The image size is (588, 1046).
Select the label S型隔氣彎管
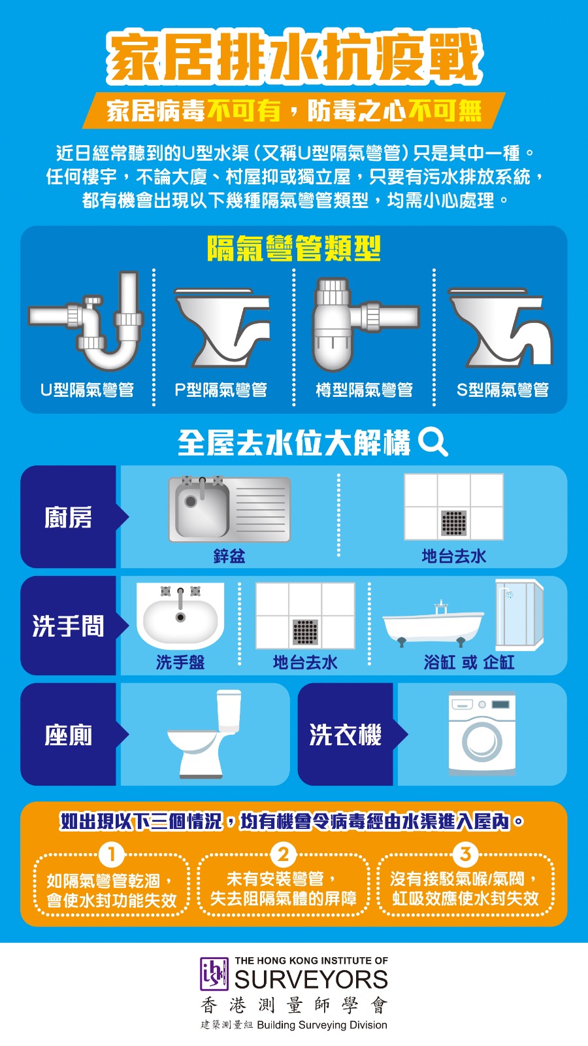(502, 390)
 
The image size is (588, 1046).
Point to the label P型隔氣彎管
(221, 390)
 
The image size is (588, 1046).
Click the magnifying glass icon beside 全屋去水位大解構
(433, 442)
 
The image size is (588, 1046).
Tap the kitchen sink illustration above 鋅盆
(229, 509)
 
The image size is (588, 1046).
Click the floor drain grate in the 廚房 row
(453, 523)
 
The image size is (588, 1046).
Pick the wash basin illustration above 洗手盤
(180, 615)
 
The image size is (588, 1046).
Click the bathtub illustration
(433, 624)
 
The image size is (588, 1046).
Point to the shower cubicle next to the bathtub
(519, 615)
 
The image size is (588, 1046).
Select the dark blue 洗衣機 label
(346, 735)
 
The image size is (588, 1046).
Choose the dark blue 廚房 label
(68, 517)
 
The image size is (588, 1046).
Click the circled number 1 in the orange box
(112, 854)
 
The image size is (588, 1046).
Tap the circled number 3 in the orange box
(465, 854)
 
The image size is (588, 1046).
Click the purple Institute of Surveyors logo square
(214, 973)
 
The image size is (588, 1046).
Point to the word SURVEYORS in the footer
(311, 979)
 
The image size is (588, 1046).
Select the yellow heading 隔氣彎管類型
(294, 248)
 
